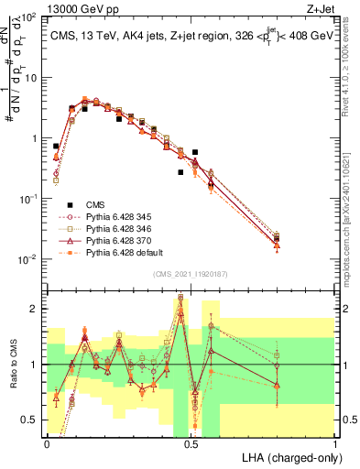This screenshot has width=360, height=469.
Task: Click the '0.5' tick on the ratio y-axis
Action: click(27, 420)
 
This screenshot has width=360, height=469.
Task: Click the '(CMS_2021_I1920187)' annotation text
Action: click(190, 274)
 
